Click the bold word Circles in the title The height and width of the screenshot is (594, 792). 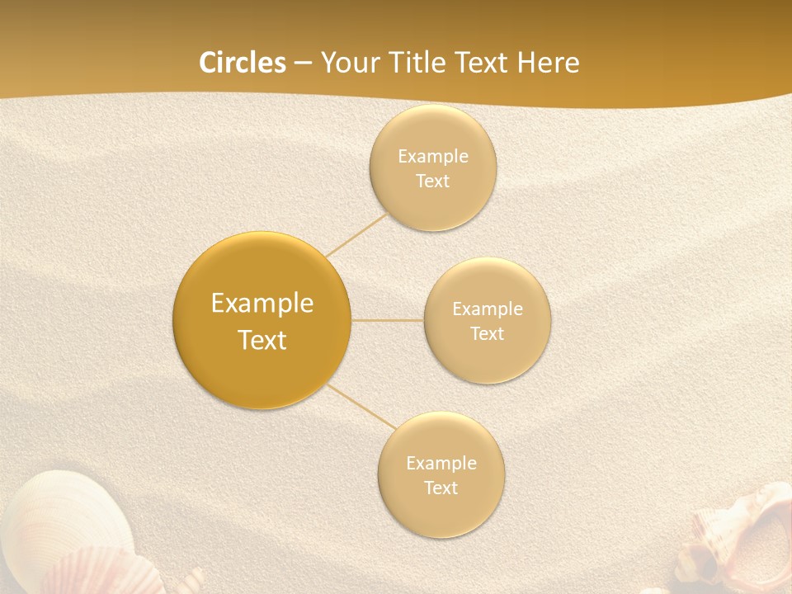(x=243, y=63)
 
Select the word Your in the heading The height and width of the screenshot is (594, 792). (x=346, y=63)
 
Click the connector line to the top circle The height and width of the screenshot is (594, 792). (x=356, y=235)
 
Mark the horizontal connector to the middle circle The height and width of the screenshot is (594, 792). (x=387, y=320)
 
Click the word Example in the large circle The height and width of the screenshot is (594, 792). (x=262, y=304)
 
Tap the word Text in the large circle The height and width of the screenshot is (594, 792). (x=262, y=340)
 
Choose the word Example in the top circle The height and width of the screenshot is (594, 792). (x=432, y=157)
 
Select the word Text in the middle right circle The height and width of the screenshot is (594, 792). (x=487, y=334)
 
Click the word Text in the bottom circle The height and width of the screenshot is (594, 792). (x=441, y=488)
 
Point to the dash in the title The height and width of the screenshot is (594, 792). (x=303, y=64)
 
